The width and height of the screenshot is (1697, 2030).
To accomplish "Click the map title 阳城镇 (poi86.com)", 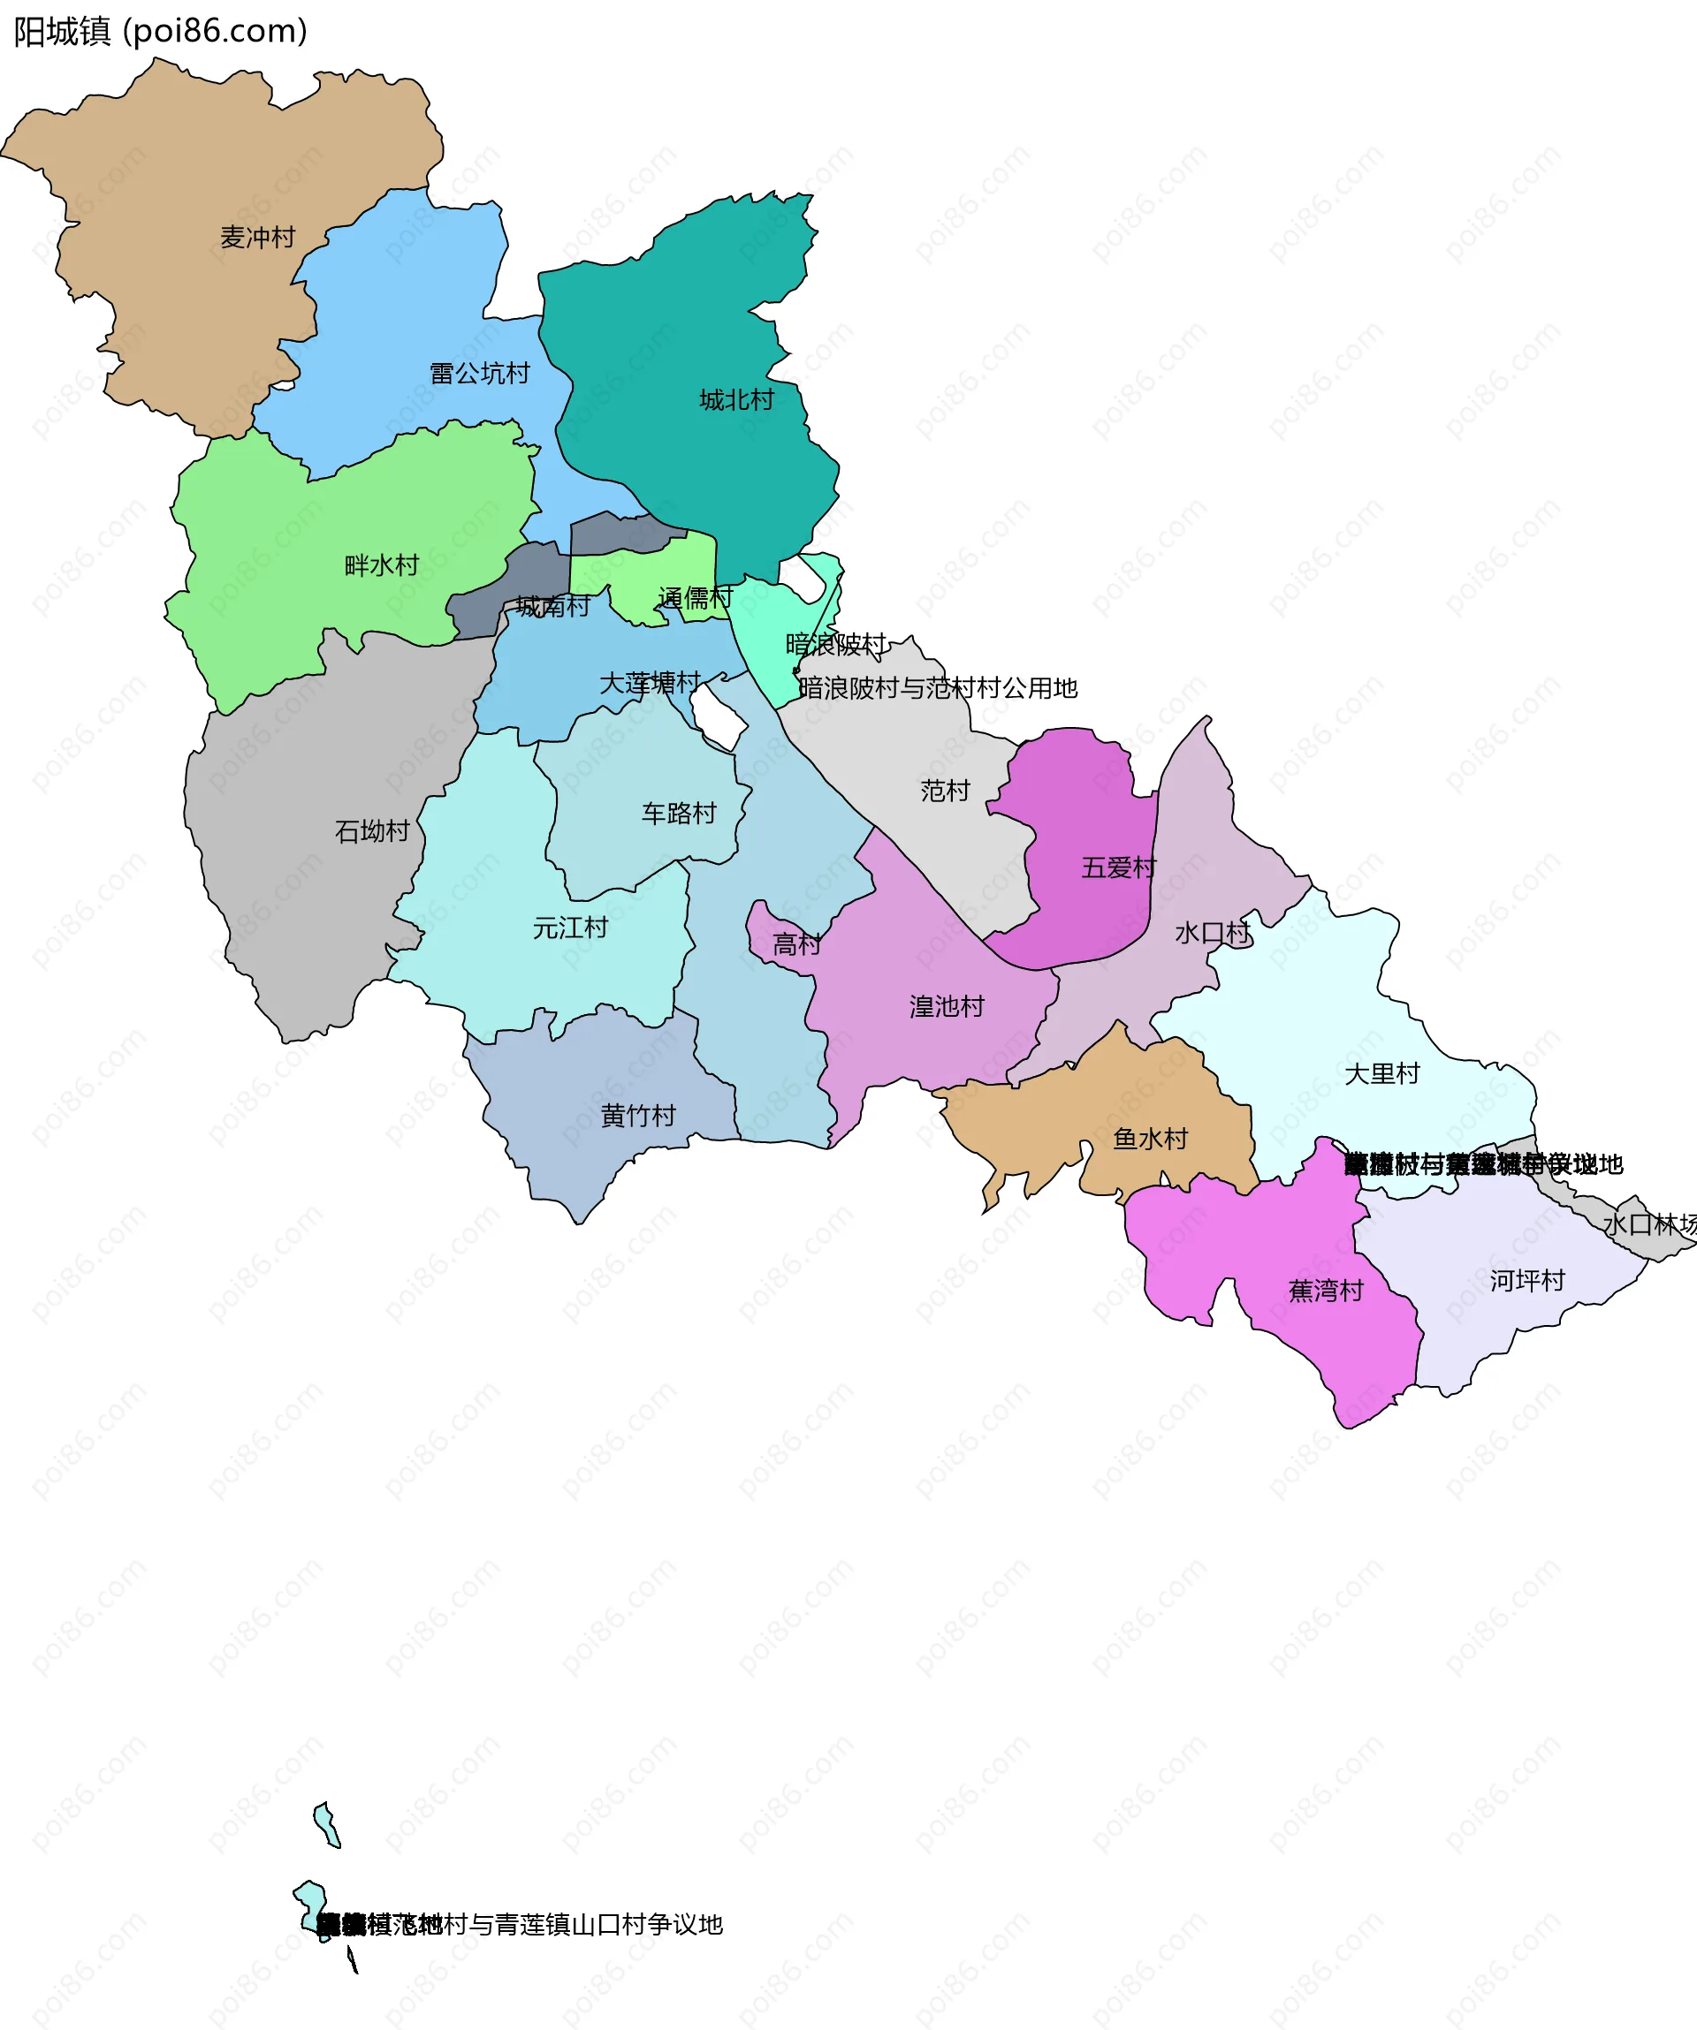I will point(161,32).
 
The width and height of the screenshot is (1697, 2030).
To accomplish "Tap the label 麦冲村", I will point(257,238).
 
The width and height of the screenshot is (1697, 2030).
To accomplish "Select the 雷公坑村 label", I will point(480,373).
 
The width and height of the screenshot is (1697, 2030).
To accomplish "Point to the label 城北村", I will point(737,400).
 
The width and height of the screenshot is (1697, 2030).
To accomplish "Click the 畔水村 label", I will point(382,565).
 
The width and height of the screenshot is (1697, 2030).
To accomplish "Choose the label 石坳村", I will point(372,831).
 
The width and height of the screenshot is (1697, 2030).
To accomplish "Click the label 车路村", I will point(679,814).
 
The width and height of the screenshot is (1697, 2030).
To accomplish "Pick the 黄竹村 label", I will point(638,1117).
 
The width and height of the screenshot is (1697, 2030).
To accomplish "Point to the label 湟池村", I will point(947,1007).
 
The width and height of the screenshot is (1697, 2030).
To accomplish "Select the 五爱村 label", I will point(1119,868).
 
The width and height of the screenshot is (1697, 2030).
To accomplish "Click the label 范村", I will point(945,792).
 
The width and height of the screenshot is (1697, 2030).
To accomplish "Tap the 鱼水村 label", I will point(1151,1140).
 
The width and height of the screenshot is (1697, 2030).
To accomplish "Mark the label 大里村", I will point(1381,1074).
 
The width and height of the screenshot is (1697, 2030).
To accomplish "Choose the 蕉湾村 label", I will point(1326,1291).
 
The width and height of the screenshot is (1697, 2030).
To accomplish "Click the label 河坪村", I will point(1526,1282).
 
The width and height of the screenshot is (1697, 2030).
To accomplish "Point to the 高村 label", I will point(796,945).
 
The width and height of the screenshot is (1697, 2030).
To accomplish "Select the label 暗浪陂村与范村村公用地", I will point(938,688).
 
